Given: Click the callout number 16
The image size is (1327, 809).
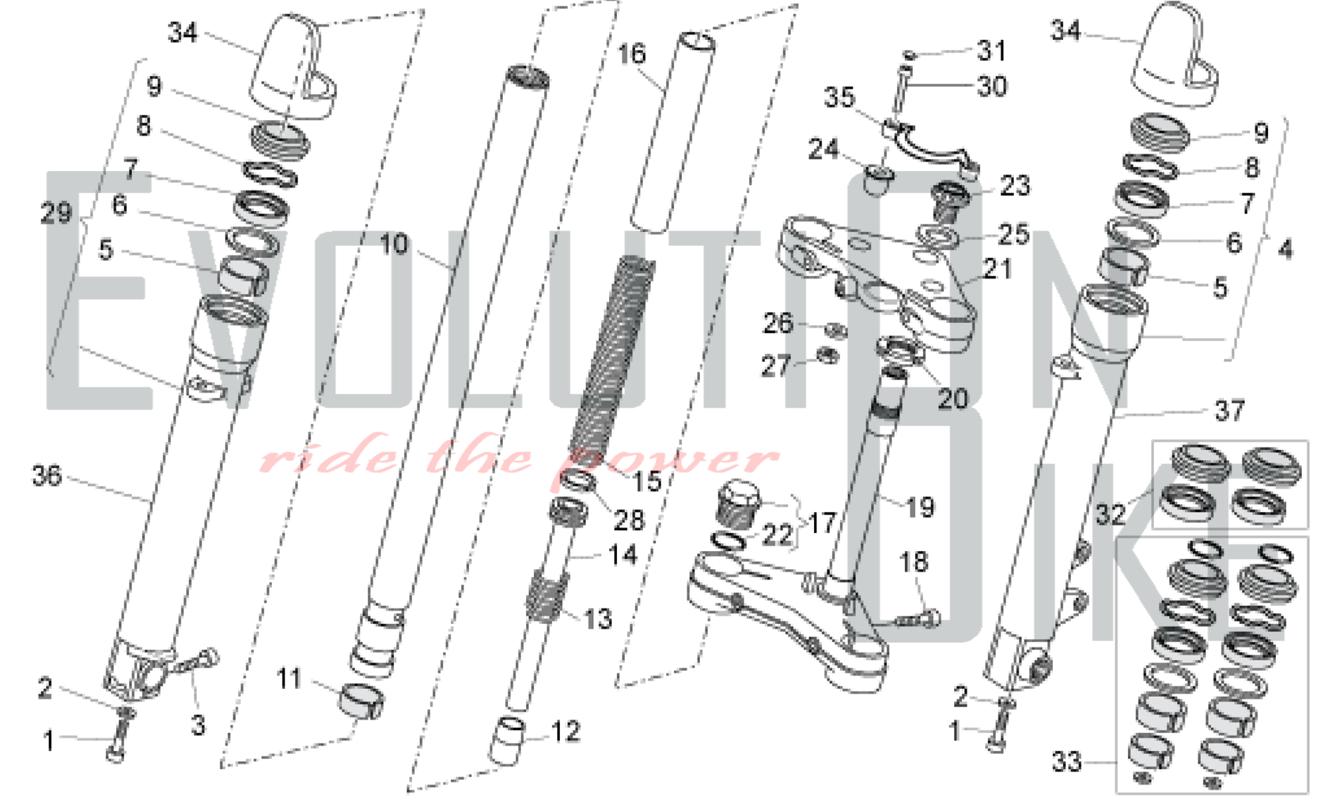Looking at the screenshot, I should (631, 54).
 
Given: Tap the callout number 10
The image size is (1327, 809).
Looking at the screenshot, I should (393, 245).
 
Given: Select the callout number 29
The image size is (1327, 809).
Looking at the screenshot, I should (56, 213).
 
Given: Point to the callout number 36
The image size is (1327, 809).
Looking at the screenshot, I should (46, 475).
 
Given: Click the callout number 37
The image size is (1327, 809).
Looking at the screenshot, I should (1229, 410).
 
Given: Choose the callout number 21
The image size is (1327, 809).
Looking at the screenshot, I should (997, 269).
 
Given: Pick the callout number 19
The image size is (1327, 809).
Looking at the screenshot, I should (920, 507).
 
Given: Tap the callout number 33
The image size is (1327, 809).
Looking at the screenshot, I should (1067, 762).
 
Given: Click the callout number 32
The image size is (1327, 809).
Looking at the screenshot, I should (1110, 514).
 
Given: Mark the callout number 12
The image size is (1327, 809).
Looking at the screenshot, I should (565, 731).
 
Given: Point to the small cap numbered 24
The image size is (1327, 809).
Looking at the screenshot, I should (878, 180).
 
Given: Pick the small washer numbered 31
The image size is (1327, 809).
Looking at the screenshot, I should (910, 55).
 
